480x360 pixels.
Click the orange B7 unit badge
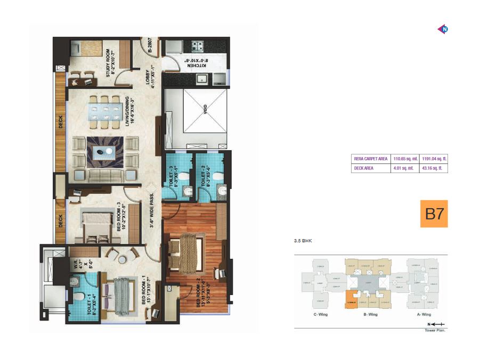(x=434, y=214)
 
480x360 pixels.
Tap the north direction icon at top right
(x=442, y=29)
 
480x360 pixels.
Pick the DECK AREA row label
(x=364, y=168)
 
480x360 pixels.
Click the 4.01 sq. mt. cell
(x=405, y=168)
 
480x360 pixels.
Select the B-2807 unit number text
(x=151, y=46)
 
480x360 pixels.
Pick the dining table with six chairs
(x=104, y=112)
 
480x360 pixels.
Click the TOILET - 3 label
(x=173, y=176)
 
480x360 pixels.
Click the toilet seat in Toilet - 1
(x=78, y=296)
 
